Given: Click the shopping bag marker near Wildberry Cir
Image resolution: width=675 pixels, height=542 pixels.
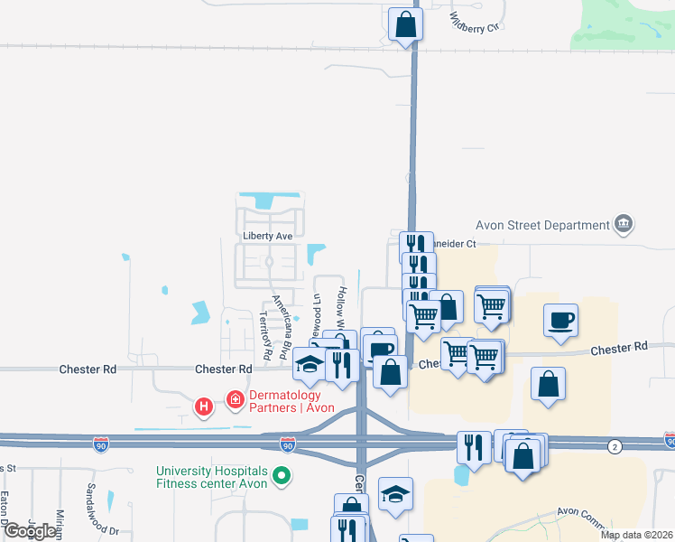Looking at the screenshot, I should point(405,24).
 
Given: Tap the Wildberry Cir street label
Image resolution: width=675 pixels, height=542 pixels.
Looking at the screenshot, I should point(474,21).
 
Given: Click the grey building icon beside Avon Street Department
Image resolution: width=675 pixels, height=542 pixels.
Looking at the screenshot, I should point(623,224).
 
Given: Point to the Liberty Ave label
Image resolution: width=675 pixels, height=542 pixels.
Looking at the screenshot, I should point(268,236).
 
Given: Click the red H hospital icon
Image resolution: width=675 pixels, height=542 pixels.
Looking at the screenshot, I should point(205,407).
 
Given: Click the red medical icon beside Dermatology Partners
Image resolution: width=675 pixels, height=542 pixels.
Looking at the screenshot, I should point(236,398).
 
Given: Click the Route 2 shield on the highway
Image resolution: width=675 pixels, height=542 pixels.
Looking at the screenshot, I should point(615,446).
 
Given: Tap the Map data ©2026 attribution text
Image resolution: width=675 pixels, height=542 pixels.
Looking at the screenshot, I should point(634,535).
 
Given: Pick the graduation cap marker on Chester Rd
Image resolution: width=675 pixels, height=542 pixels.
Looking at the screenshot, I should point(309,364).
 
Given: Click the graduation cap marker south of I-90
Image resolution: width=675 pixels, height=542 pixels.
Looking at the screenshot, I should point(395,494).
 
